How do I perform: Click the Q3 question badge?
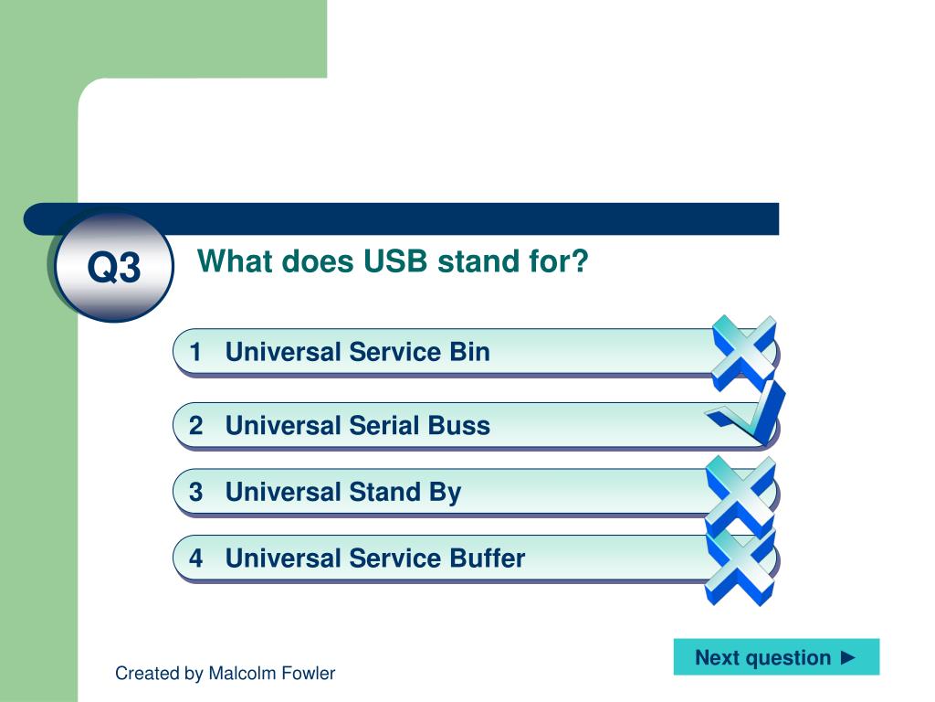(x=114, y=266)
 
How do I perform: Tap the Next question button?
(x=776, y=657)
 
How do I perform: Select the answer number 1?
(x=195, y=352)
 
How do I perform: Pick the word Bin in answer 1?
(x=469, y=352)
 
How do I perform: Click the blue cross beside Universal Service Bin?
(x=744, y=353)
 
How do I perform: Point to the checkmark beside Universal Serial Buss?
(x=747, y=413)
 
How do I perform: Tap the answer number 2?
(x=195, y=426)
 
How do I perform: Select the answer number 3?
(x=195, y=492)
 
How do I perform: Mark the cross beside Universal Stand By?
(x=741, y=495)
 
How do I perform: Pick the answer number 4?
(x=195, y=558)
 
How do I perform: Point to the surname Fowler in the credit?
(x=309, y=674)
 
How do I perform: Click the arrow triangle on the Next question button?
(x=848, y=658)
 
